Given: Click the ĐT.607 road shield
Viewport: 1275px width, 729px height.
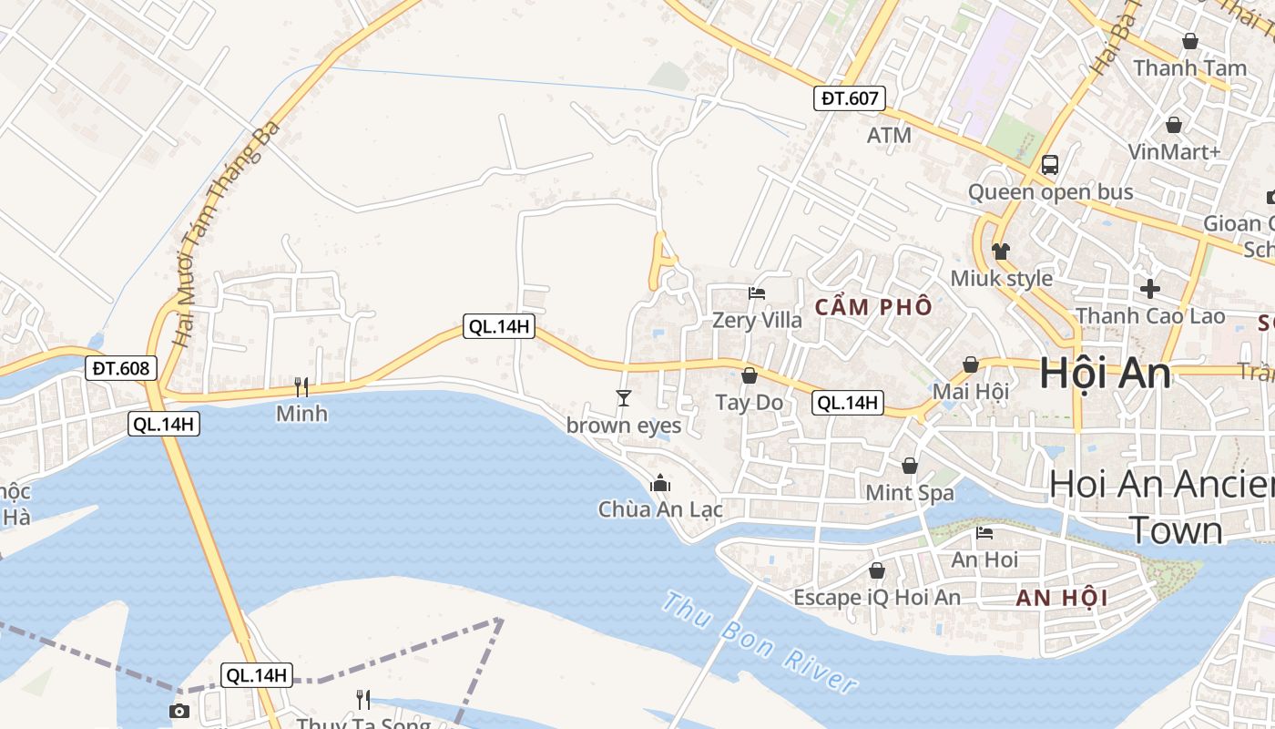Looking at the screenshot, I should pyautogui.click(x=849, y=98).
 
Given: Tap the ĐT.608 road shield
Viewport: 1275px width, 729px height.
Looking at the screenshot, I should pyautogui.click(x=123, y=368).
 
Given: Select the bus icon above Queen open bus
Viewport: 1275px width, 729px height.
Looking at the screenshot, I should pyautogui.click(x=1050, y=165).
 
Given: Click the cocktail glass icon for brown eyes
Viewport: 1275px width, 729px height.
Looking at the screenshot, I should pyautogui.click(x=624, y=397).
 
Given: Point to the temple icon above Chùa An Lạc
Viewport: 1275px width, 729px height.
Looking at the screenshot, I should pyautogui.click(x=660, y=483).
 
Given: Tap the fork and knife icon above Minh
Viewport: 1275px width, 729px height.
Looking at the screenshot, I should pyautogui.click(x=301, y=387).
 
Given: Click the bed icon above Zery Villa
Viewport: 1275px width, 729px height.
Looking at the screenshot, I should pyautogui.click(x=757, y=293).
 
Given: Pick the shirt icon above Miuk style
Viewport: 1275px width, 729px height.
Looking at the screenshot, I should pyautogui.click(x=1001, y=252).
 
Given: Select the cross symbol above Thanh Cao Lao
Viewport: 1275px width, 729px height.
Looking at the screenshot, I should pyautogui.click(x=1150, y=289).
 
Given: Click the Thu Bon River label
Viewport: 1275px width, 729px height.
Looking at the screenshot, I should pyautogui.click(x=760, y=642).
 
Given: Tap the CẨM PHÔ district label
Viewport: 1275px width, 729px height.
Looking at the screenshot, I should pyautogui.click(x=873, y=307).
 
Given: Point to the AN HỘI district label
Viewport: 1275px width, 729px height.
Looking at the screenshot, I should pyautogui.click(x=1062, y=598).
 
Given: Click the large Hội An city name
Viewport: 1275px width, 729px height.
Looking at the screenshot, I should pyautogui.click(x=1105, y=374).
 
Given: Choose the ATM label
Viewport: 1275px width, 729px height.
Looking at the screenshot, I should pyautogui.click(x=889, y=136).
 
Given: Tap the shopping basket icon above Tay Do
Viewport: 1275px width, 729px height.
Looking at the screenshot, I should pyautogui.click(x=750, y=375).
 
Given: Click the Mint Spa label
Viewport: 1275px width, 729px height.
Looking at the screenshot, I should pyautogui.click(x=910, y=493).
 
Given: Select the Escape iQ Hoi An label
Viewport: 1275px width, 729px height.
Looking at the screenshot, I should pyautogui.click(x=877, y=598).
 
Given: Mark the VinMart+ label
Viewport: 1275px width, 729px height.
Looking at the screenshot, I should pyautogui.click(x=1174, y=151).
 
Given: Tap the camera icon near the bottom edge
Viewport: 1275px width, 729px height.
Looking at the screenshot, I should pyautogui.click(x=179, y=711).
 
